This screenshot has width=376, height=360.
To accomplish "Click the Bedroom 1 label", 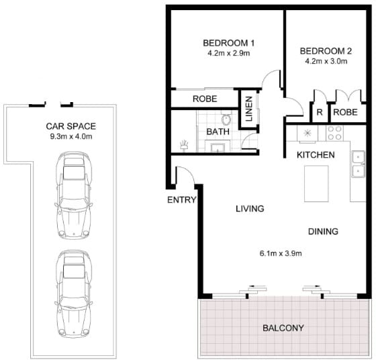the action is point(228,43).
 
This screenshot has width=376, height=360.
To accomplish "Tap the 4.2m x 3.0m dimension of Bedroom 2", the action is point(326,61).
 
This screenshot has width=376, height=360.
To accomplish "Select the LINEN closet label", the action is point(249,109).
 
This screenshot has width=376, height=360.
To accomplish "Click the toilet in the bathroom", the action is point(226,118).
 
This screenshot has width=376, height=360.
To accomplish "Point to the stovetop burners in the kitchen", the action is point(334,133).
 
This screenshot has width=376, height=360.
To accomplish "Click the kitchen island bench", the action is point(316,183).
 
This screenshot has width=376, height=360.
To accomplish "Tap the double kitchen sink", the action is point(358,164).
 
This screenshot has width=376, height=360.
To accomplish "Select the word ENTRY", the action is point(181,199).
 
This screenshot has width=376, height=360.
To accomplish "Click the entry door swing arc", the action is point(187,172).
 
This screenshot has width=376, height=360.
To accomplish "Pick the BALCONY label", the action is point(283,328).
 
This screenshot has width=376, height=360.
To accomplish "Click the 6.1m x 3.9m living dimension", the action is point(281,253).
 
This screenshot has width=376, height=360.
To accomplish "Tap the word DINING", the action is point(323,232).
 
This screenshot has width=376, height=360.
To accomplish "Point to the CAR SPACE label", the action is point(70,126).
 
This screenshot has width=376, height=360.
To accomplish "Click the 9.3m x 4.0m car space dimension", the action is point(71,137).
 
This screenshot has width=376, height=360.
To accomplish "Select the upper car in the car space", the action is point(74,195).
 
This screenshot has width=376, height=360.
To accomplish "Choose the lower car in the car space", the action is point(73,294).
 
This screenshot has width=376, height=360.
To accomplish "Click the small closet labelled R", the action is point(320,112).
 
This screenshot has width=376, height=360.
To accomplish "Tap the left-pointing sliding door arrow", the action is point(257,286).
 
